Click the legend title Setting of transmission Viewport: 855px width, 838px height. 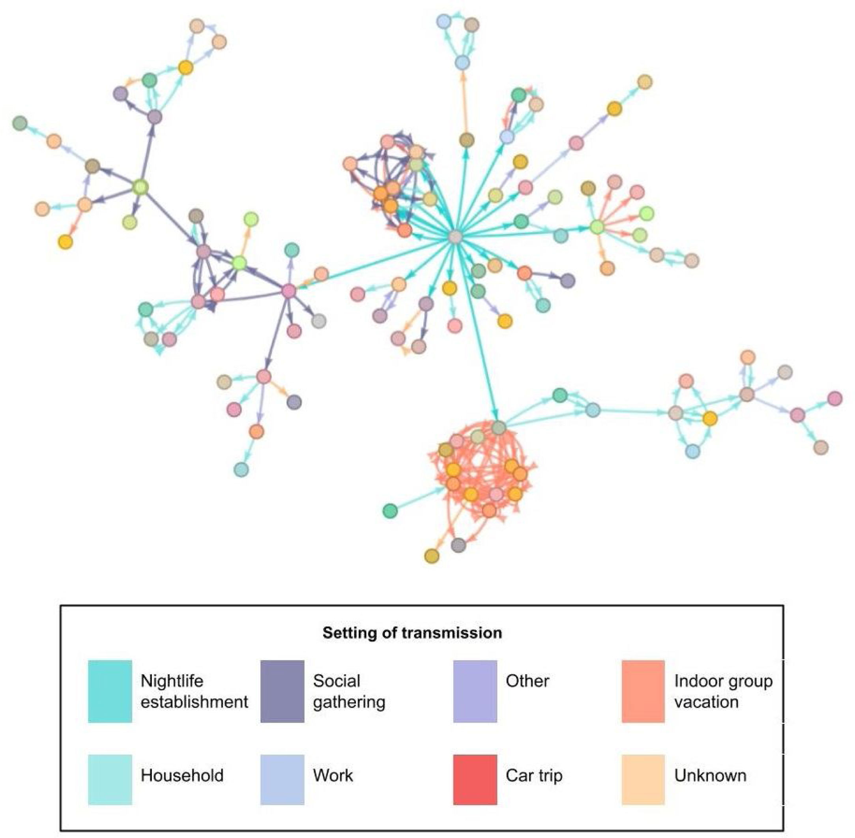pyautogui.click(x=412, y=633)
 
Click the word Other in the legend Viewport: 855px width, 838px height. pyautogui.click(x=527, y=681)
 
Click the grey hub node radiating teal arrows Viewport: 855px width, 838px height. pyautogui.click(x=455, y=237)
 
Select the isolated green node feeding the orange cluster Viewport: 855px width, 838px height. pyautogui.click(x=390, y=511)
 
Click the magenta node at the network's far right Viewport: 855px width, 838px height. pyautogui.click(x=834, y=398)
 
